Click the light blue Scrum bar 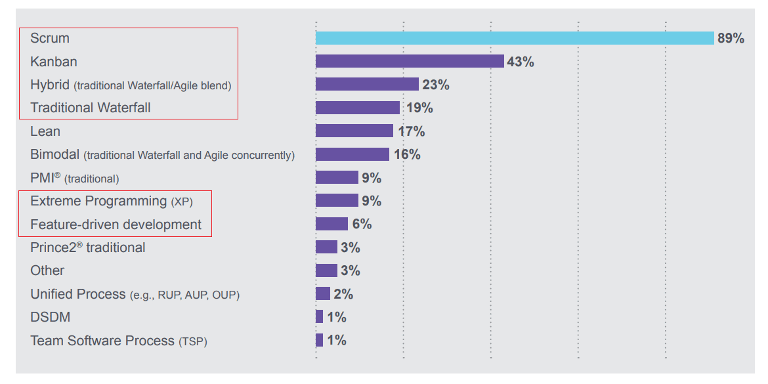point(515,38)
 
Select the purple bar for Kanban point(410,61)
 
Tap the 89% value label point(731,38)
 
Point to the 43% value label point(521,62)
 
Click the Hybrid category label point(49,85)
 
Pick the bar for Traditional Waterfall point(358,108)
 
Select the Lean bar point(354,131)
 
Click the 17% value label point(411,131)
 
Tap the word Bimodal point(54,155)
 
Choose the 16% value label point(407,155)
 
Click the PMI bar point(337,177)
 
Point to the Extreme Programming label point(98,201)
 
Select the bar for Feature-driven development point(331,224)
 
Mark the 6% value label point(362,224)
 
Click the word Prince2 point(53,247)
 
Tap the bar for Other point(326,270)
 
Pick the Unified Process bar point(323,293)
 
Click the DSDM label point(51,317)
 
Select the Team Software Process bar point(320,340)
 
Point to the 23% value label point(436,85)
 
